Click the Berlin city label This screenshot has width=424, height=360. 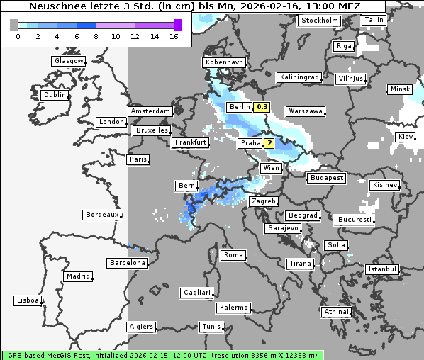240,107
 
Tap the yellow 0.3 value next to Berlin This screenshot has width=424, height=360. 262,107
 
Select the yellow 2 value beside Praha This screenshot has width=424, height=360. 269,143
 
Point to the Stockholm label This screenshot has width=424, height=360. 319,21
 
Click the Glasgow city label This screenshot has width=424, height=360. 68,61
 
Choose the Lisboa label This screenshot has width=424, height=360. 27,300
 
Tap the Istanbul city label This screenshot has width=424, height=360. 381,270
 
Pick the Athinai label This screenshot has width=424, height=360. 335,312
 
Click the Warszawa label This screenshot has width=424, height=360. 305,111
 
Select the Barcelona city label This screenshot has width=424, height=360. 127,263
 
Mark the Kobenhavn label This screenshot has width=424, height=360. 223,62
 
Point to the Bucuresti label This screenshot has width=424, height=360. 354,220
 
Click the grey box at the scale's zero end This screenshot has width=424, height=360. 14,25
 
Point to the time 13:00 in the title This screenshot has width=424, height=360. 316,6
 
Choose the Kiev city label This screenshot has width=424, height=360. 405,136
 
